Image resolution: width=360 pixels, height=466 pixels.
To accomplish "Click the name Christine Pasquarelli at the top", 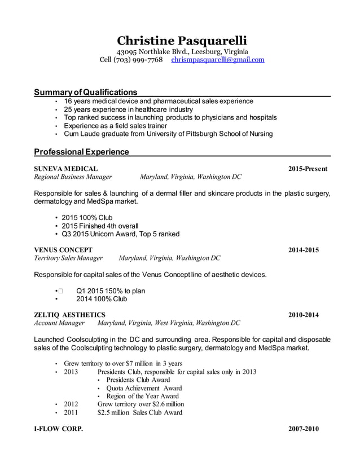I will [x=182, y=41].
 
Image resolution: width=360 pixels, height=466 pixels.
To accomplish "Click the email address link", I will [x=217, y=59].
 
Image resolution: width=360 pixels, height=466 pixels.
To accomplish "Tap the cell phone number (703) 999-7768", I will [x=139, y=59].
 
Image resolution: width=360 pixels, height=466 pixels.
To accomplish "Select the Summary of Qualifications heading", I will [x=85, y=92].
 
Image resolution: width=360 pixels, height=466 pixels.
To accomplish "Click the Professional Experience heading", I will [x=81, y=152].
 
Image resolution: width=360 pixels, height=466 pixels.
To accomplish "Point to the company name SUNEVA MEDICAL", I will [x=65, y=169].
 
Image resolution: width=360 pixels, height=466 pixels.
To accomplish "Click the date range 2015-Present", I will [x=308, y=169].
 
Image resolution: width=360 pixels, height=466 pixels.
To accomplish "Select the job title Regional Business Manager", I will [x=73, y=177].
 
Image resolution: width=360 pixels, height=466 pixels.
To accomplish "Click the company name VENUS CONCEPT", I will [x=63, y=250].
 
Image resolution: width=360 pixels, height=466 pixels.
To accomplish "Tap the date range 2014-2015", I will [x=304, y=250].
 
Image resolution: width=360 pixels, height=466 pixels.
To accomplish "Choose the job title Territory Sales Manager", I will [x=68, y=258].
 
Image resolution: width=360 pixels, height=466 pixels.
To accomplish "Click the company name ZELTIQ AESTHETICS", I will [x=69, y=315].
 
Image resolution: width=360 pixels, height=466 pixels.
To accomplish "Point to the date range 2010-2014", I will [x=304, y=315].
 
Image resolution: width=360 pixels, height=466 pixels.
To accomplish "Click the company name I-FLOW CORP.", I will [x=58, y=429].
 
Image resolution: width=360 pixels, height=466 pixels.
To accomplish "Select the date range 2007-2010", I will [x=304, y=429].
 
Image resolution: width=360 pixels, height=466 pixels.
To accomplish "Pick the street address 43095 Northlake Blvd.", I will [x=155, y=51].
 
